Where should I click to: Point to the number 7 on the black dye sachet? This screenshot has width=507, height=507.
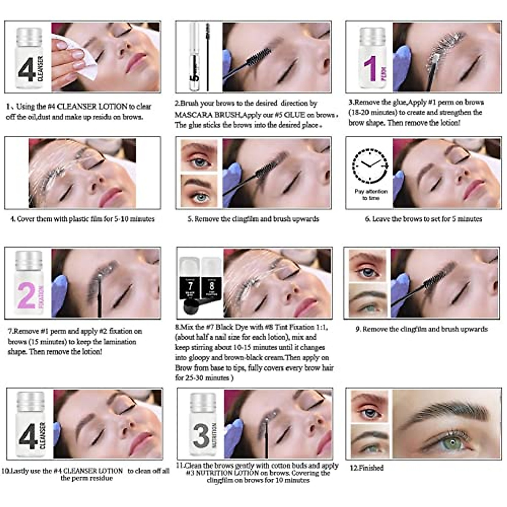point(191,286)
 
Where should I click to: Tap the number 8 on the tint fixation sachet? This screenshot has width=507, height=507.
point(212,286)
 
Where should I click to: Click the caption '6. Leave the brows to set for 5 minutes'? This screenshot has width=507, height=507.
point(423,219)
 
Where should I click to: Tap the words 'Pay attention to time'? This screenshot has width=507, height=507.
point(371,194)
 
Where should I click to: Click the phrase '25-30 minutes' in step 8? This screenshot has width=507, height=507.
point(205,378)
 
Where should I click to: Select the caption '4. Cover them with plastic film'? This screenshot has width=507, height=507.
point(82,219)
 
